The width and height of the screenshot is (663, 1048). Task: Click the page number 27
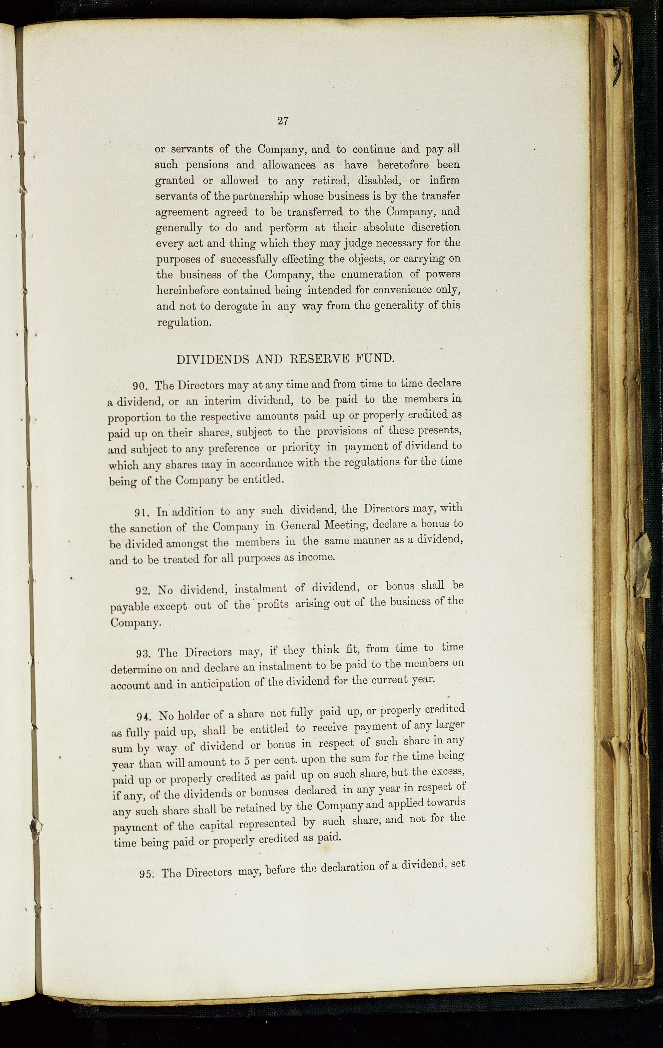click(x=283, y=121)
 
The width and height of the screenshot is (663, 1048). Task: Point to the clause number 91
click(x=142, y=513)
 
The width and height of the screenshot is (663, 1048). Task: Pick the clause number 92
click(x=143, y=591)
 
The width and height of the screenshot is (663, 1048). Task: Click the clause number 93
click(x=143, y=654)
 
